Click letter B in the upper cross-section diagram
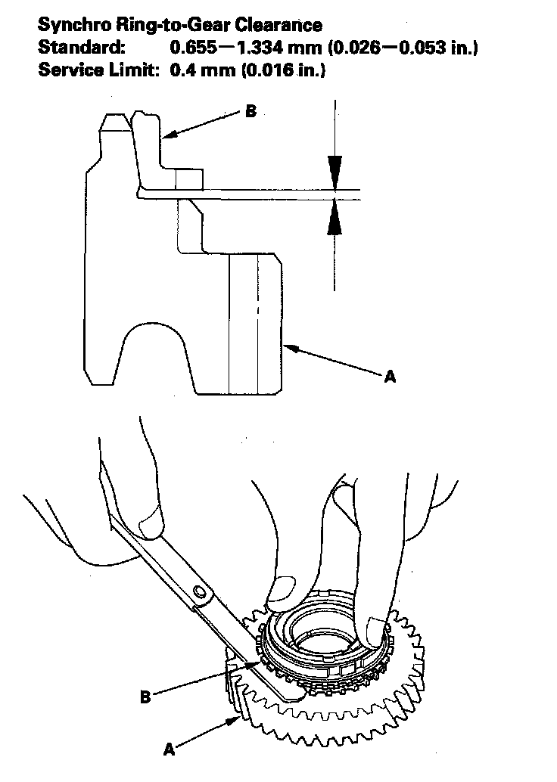coord(250,112)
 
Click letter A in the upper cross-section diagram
coord(390,375)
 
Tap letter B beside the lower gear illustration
coord(145,697)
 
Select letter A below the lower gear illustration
coord(170,749)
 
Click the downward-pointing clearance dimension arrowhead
coord(334,169)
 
